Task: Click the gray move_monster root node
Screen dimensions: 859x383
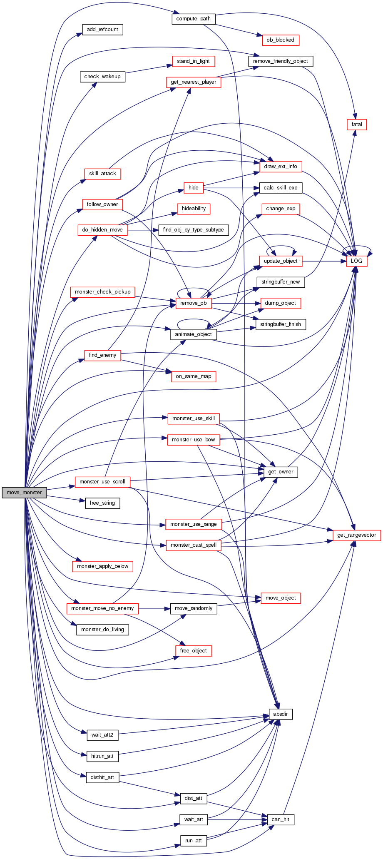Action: coord(24,492)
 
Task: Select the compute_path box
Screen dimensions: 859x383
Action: coord(193,19)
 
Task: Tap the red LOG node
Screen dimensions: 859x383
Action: coord(357,261)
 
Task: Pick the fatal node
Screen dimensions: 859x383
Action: coord(357,124)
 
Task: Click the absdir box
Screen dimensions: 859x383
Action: coord(281,714)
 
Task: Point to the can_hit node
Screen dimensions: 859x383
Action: coord(281,819)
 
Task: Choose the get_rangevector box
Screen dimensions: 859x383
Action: coord(356,535)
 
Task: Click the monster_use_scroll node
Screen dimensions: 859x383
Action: coord(102,482)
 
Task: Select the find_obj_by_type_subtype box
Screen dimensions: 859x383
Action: coord(194,230)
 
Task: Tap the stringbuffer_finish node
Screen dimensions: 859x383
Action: coord(281,324)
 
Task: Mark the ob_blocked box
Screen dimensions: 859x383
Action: coord(281,40)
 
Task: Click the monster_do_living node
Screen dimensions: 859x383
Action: coord(102,629)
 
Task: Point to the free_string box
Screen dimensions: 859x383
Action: coord(102,503)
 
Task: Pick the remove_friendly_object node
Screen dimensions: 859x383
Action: coord(281,61)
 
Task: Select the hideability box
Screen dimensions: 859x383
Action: coord(194,209)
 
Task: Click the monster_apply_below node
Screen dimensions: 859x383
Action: coord(102,566)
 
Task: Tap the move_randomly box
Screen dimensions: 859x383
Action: coord(194,608)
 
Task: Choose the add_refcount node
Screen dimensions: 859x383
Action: coord(102,30)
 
